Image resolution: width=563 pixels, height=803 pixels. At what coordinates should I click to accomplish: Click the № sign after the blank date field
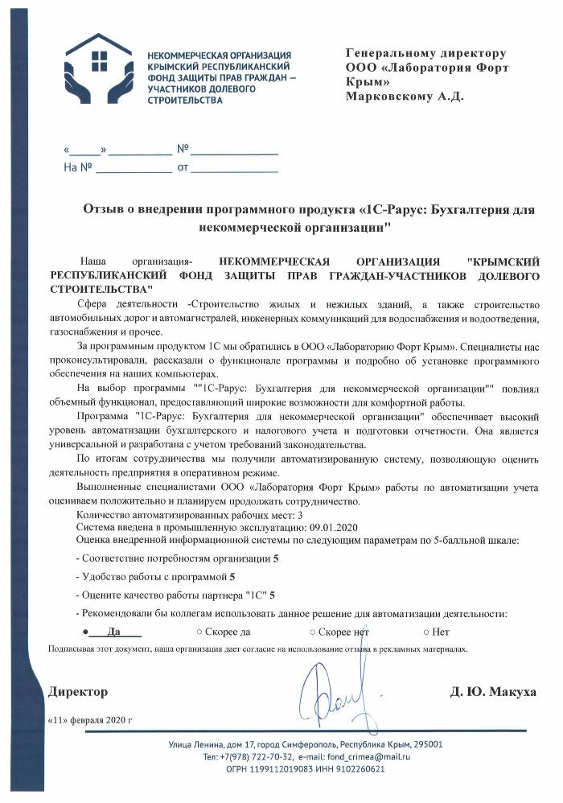pyautogui.click(x=182, y=149)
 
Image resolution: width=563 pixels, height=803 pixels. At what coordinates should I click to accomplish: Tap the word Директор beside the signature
pyautogui.click(x=78, y=692)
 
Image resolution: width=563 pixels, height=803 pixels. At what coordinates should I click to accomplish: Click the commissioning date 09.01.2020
pyautogui.click(x=329, y=526)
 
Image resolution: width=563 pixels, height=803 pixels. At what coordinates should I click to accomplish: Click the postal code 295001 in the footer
pyautogui.click(x=424, y=744)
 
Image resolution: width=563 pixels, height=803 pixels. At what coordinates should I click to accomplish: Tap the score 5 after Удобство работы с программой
pyautogui.click(x=232, y=576)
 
